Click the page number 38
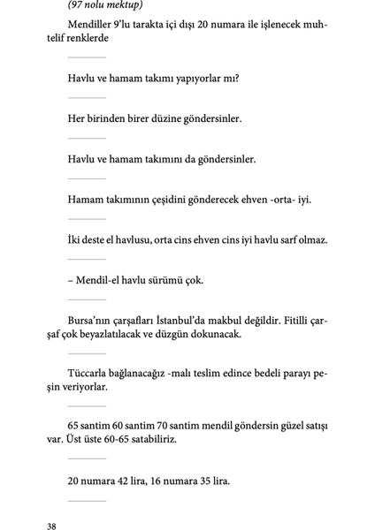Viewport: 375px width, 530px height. tap(52, 526)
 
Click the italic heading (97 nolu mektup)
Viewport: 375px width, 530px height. tap(105, 6)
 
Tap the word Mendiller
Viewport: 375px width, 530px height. tap(92, 24)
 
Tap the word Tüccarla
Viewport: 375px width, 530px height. tap(91, 374)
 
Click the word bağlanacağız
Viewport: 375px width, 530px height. tap(153, 374)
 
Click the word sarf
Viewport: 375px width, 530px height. tap(284, 239)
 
